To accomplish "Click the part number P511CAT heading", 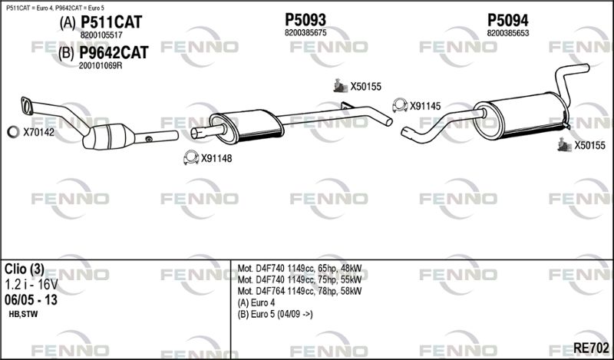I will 111,23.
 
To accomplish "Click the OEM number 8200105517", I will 101,35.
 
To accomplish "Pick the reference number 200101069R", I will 101,65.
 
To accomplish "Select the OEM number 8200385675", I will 305,33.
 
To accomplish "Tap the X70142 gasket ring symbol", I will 13,133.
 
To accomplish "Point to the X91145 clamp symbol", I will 399,106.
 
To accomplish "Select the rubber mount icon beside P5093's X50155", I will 338,87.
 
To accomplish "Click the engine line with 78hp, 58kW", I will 299,292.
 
